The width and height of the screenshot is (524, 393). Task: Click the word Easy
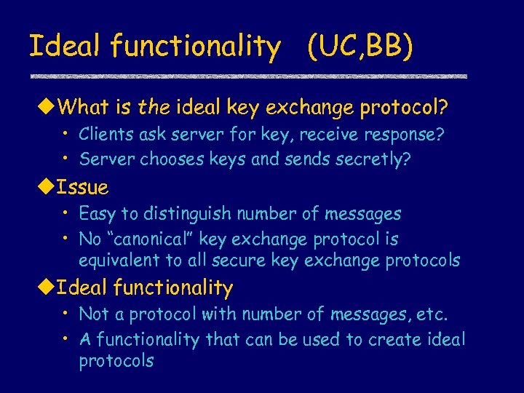pos(95,214)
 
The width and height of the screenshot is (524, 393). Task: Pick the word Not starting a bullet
pos(92,314)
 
